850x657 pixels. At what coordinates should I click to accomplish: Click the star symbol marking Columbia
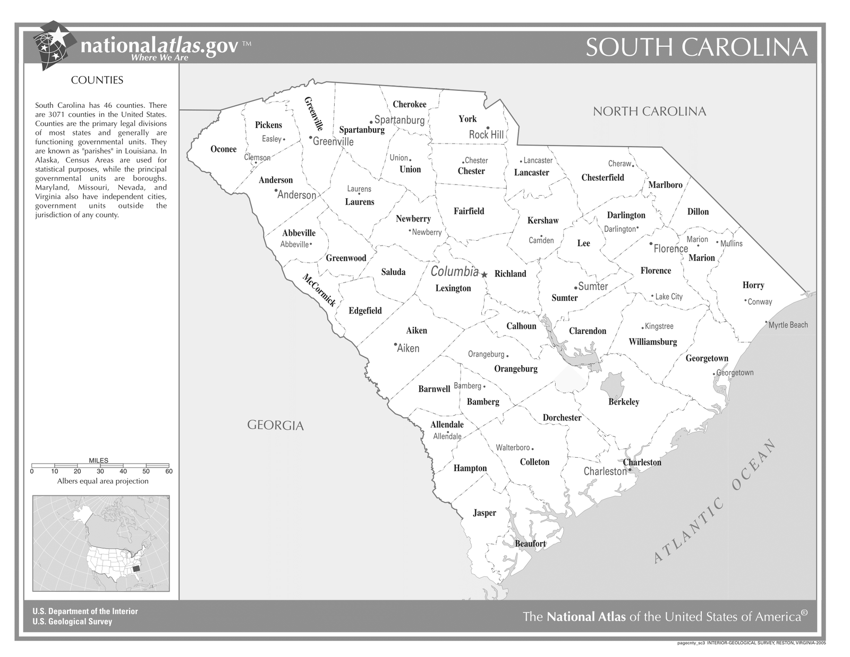[484, 275]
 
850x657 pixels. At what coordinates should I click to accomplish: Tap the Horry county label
[753, 285]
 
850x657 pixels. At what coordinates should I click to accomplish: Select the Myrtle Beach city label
[788, 325]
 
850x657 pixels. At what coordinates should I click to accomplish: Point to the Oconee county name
[224, 149]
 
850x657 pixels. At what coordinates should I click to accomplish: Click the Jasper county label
[484, 513]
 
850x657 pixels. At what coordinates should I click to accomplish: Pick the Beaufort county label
[530, 544]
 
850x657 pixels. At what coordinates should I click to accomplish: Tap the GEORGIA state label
[275, 425]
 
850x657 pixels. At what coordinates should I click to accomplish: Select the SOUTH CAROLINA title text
[696, 47]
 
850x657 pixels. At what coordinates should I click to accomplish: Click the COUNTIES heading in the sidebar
[97, 80]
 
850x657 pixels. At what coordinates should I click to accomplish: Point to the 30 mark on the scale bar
[100, 471]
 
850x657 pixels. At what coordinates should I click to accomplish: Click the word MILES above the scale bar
[98, 461]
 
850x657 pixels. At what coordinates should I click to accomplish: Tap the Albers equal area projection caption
[103, 481]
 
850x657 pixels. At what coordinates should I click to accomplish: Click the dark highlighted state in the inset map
[137, 568]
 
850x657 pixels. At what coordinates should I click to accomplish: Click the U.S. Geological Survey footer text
[72, 621]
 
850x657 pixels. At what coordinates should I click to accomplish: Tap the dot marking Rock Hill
[488, 128]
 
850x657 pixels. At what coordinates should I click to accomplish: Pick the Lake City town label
[668, 297]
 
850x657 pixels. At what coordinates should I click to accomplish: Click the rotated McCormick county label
[319, 290]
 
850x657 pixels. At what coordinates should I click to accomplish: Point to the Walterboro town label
[513, 448]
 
